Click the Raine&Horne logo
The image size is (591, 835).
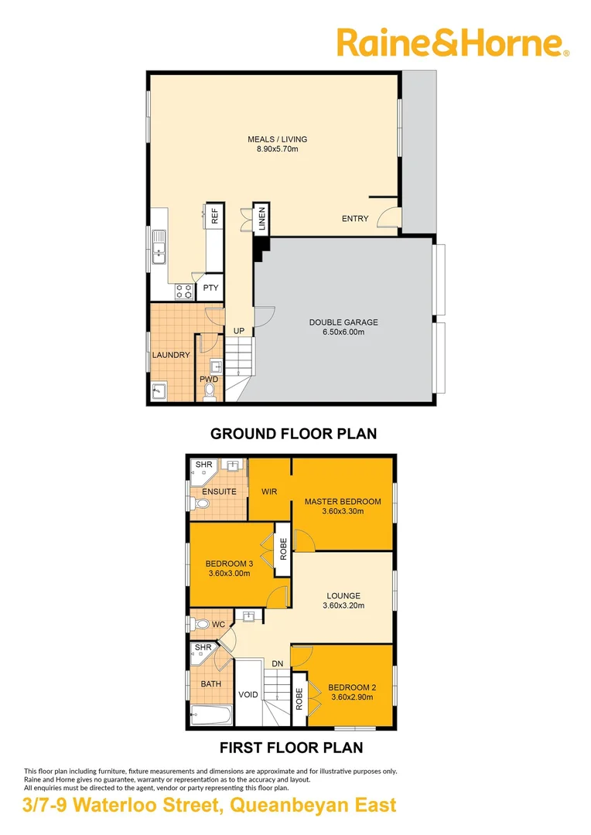453,43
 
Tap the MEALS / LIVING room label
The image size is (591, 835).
277,139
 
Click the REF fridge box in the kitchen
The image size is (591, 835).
214,216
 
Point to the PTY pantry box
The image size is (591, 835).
211,288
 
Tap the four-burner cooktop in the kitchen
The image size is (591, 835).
184,291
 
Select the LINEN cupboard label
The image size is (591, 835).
261,220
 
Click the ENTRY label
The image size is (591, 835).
355,219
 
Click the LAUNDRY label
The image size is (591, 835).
171,355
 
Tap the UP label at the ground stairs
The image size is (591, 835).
239,331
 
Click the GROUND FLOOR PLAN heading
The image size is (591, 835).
293,434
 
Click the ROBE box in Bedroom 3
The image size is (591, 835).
283,548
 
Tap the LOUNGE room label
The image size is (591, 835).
343,595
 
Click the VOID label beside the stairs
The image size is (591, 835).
248,694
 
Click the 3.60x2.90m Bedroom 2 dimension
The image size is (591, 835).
350,697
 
